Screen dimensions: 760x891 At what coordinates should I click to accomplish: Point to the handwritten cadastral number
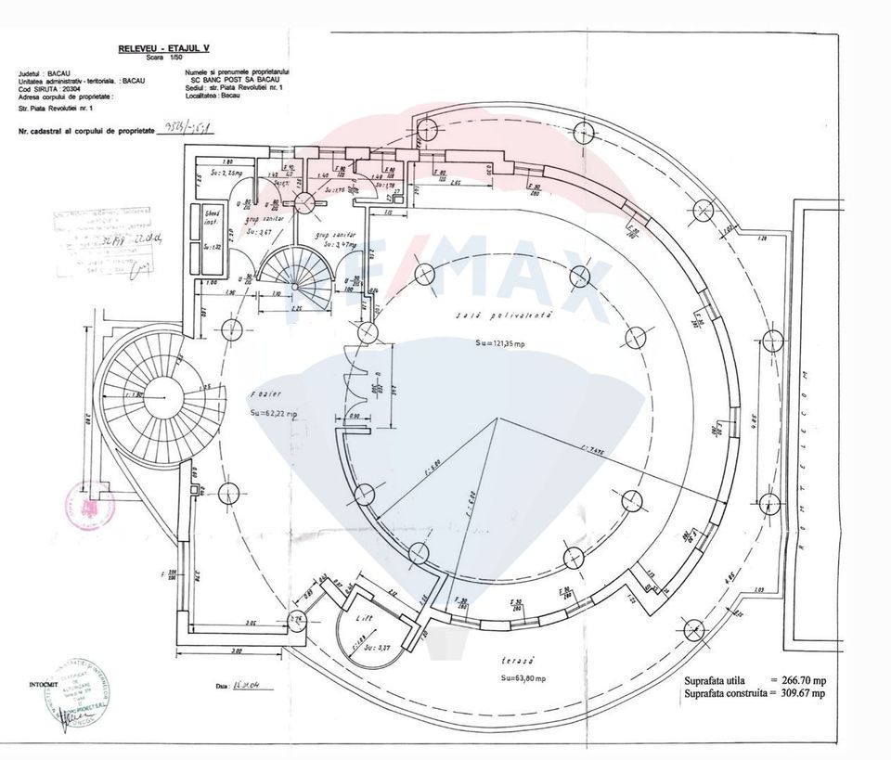click(186, 129)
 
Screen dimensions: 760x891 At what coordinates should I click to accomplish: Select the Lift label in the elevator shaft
click(365, 617)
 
